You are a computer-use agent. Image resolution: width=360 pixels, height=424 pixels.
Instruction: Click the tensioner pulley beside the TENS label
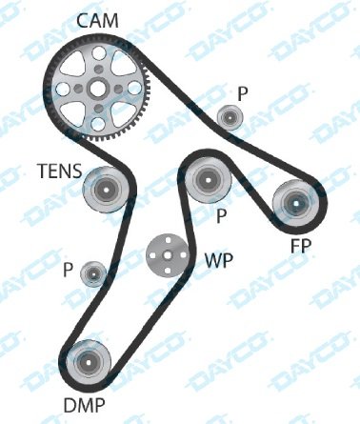(x=104, y=188)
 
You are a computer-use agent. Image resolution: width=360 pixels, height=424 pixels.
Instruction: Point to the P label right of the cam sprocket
(x=242, y=92)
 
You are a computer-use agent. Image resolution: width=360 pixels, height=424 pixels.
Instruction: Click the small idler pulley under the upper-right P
(x=229, y=117)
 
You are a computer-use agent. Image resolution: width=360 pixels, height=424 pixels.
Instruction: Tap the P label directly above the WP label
(x=221, y=215)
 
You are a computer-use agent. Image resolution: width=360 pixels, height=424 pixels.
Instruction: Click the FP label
(x=301, y=246)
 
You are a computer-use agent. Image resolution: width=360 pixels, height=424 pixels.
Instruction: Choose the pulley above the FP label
(x=295, y=203)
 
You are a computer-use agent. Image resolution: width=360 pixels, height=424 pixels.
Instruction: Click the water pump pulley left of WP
(x=164, y=253)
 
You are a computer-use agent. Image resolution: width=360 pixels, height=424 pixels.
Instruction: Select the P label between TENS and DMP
(x=69, y=270)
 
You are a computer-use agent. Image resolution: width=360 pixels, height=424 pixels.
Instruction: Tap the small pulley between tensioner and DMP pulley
(x=93, y=274)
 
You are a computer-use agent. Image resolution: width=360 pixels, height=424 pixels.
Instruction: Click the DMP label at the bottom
(x=84, y=406)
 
